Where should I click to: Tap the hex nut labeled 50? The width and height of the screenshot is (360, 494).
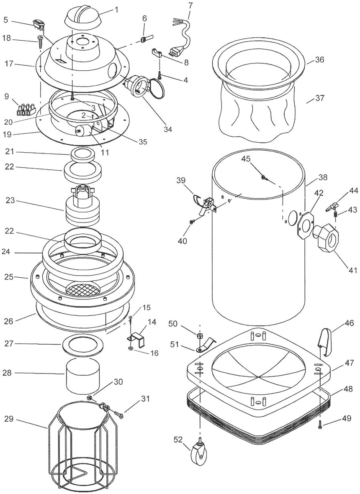coord(200,334)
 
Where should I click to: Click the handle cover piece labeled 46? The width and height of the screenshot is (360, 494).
coord(324,341)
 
